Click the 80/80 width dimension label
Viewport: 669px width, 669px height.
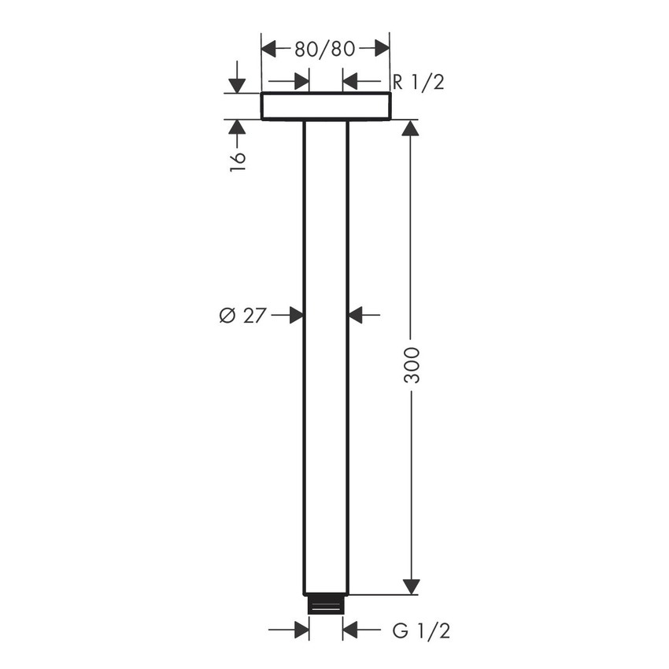[325, 49]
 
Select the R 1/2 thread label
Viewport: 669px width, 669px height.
[418, 81]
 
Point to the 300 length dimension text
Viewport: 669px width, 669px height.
[411, 364]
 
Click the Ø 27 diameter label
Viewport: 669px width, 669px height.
[241, 316]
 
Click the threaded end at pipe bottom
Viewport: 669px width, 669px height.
[326, 604]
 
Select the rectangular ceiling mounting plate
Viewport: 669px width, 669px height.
[325, 106]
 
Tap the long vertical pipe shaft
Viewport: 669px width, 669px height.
[325, 354]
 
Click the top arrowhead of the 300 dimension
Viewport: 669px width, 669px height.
[411, 128]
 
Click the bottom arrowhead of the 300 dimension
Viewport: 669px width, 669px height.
[411, 586]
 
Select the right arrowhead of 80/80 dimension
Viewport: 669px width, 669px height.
[382, 49]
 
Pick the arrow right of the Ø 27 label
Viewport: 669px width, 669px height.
[296, 316]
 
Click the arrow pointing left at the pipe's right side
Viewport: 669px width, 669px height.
[356, 316]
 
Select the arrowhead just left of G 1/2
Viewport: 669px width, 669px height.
[351, 630]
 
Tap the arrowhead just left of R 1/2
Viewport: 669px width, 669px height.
[351, 81]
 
